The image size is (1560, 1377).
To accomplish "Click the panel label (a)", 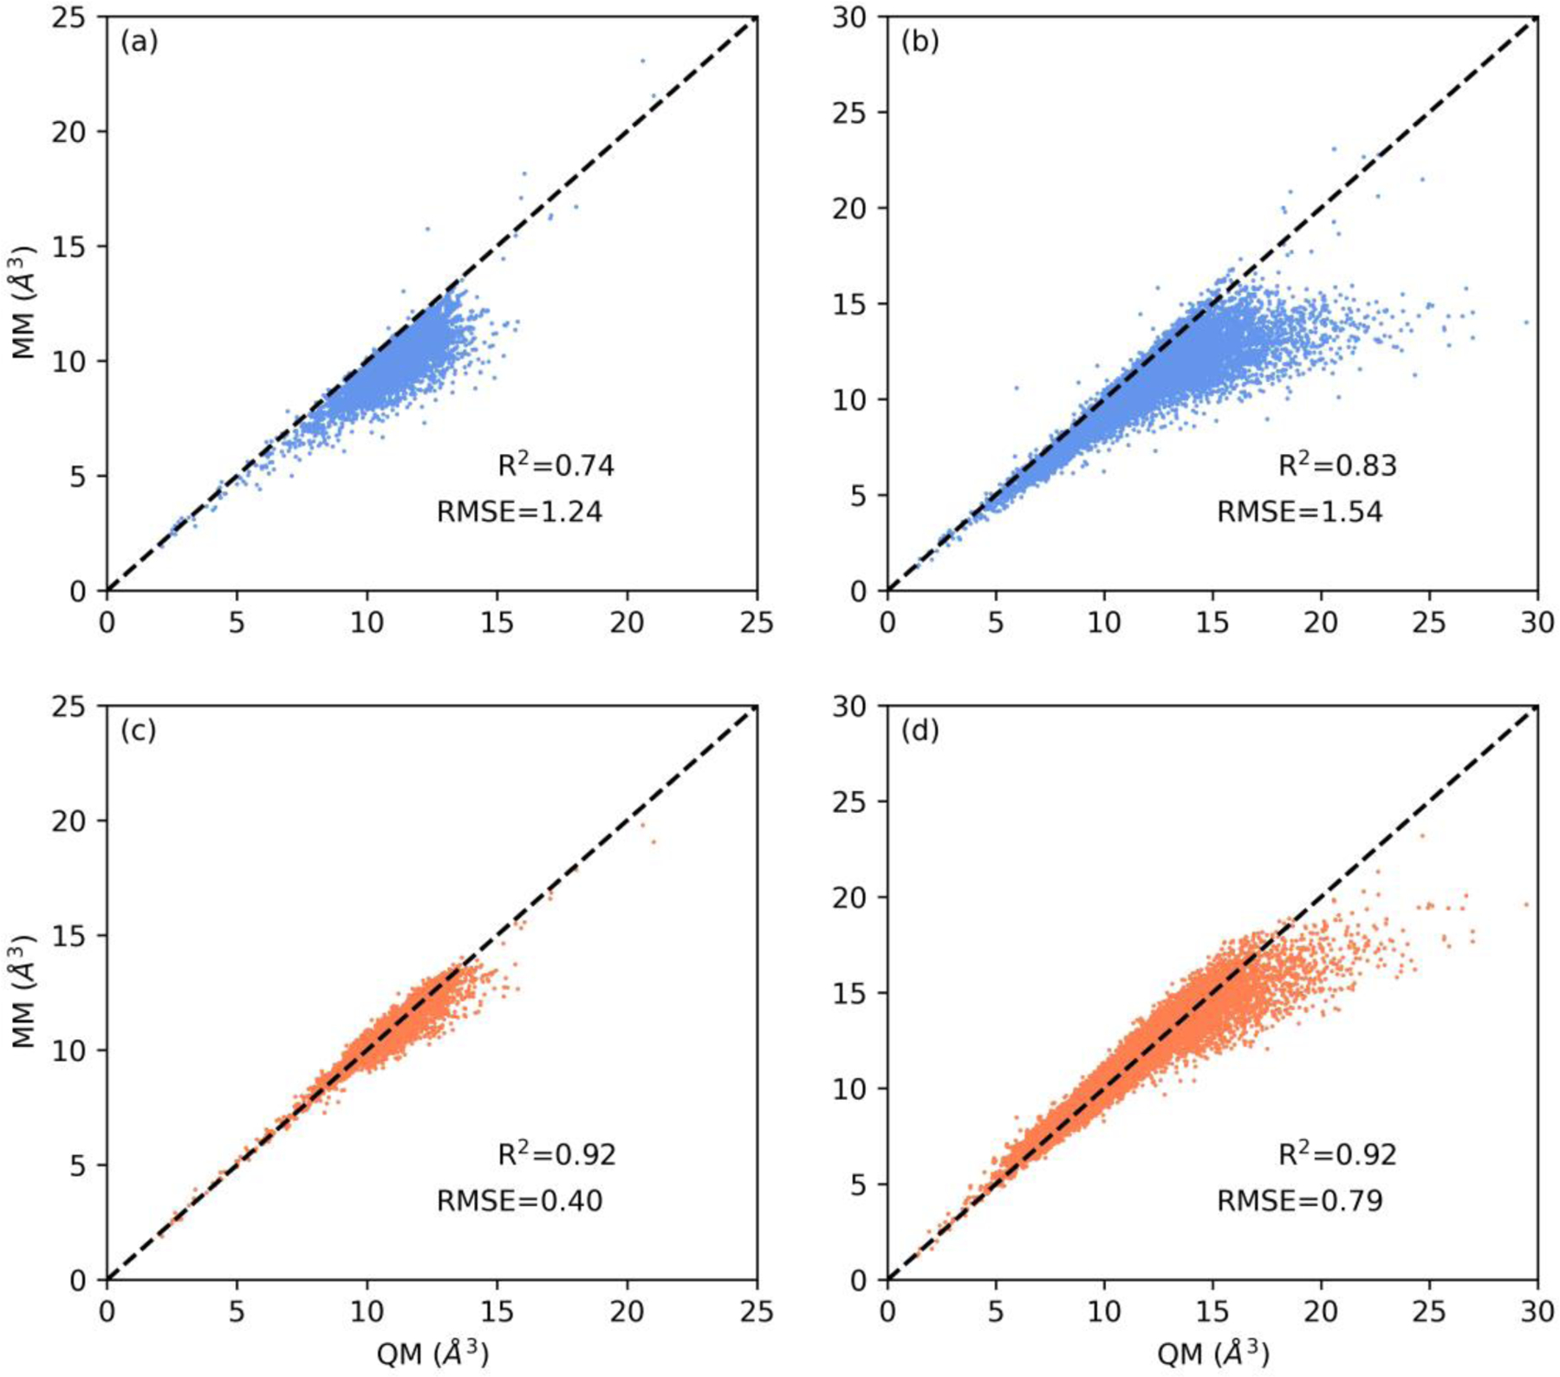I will coord(139,42).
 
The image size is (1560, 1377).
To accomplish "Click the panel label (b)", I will coord(920,42).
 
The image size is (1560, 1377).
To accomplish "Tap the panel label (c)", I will coord(138,731).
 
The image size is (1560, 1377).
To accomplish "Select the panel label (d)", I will coord(920,731).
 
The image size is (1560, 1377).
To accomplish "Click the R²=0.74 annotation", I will coord(556,465).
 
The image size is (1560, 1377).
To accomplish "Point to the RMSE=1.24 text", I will coord(519,511).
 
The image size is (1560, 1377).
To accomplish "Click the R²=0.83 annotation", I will coord(1337,465).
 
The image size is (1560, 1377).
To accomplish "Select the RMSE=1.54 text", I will coord(1300,511).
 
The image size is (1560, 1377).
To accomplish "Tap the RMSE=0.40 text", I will coord(519,1200).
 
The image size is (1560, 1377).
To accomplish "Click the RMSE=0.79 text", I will coord(1300,1200).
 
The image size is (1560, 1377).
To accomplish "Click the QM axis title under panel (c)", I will coord(432,1353).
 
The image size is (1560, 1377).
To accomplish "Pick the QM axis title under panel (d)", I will coord(1212,1353).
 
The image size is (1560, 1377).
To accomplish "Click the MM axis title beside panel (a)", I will coord(25,303).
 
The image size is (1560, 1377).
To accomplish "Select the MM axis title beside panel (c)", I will coord(25,992).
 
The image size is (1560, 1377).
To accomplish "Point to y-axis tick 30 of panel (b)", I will coord(851,17).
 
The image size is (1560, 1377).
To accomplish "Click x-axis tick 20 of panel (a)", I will coord(627,623).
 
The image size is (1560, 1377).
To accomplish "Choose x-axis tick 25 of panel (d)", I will coord(1429,1312).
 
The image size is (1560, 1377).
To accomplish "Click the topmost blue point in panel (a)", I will coord(642,61).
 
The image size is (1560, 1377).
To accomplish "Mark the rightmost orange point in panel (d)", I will coord(1526,905).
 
